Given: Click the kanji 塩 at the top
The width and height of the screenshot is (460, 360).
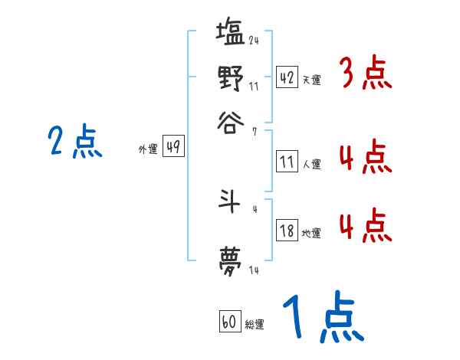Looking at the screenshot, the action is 231,34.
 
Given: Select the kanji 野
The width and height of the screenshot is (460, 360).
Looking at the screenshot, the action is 231,78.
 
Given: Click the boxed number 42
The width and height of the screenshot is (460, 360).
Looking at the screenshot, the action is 287,77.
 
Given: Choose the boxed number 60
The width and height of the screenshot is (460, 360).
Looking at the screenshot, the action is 228,322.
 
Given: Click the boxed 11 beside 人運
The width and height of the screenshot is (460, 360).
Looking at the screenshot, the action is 287,162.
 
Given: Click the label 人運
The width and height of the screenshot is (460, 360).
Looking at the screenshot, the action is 311,164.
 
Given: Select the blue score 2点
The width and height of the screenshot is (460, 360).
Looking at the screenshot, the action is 74,142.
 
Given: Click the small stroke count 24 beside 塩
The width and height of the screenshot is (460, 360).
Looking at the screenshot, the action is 254,41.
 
